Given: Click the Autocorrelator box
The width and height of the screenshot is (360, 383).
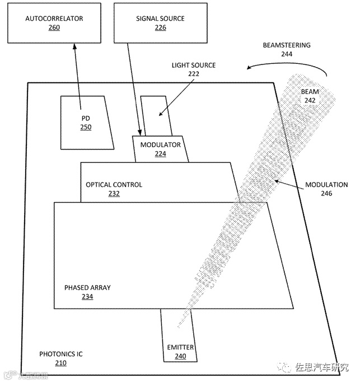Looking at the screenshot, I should click(x=54, y=22).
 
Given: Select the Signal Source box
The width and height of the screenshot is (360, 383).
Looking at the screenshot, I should click(x=160, y=22).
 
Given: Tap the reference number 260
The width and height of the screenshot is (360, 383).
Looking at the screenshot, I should click(x=54, y=27).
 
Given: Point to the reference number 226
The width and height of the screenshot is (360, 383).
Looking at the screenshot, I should click(x=160, y=27).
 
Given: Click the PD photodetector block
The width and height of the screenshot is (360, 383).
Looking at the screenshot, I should click(x=85, y=122).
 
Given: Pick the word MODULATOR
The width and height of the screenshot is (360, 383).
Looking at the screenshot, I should click(x=160, y=144).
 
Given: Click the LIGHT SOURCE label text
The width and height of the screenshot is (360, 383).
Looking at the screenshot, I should click(x=193, y=66).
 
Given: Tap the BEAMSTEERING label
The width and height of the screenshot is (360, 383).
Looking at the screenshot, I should click(x=287, y=45).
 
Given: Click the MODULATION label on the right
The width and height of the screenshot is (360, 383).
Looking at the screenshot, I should click(x=326, y=185).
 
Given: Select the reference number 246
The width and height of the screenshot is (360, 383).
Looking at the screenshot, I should click(x=326, y=194).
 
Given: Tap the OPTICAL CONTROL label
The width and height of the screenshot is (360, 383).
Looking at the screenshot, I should click(x=114, y=185).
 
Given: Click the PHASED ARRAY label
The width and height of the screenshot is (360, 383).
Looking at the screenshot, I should click(x=87, y=288).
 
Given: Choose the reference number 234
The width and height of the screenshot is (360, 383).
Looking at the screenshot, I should click(x=87, y=297).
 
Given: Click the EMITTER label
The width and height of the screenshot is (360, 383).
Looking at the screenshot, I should click(x=180, y=347).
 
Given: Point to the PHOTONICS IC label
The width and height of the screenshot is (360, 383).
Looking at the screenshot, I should click(x=60, y=354).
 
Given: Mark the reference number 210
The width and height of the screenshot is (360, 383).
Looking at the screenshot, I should click(x=60, y=363).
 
